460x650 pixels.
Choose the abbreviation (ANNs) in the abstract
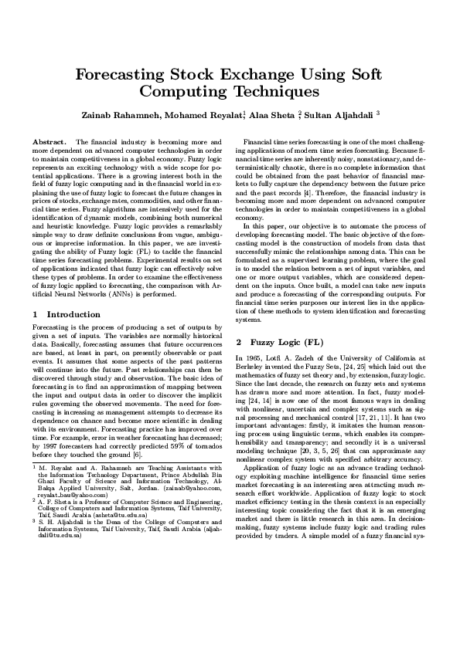119,294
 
